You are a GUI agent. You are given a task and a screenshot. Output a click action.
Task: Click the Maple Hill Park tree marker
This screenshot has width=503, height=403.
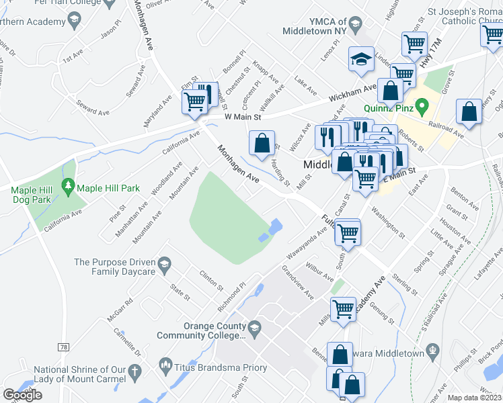(x=67, y=185)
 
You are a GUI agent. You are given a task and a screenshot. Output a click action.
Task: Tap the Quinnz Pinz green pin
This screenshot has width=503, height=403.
(x=422, y=106)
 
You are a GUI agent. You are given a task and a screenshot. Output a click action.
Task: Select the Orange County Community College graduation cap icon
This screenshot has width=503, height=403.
(x=254, y=328)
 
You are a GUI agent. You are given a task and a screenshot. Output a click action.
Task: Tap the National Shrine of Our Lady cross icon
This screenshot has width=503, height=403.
(x=134, y=371)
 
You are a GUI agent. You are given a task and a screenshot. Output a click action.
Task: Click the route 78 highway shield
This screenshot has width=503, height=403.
(x=63, y=347)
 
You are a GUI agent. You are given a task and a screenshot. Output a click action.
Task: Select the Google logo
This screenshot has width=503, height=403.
(x=23, y=395)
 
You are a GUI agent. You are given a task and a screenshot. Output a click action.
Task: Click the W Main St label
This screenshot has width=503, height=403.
(x=242, y=117)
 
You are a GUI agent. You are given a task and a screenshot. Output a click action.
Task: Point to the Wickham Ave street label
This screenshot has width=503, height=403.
(x=352, y=93)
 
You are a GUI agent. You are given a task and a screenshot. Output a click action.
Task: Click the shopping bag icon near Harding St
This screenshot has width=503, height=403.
(x=262, y=142)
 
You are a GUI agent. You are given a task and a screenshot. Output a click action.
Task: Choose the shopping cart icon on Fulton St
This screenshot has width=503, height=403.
(x=348, y=233)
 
